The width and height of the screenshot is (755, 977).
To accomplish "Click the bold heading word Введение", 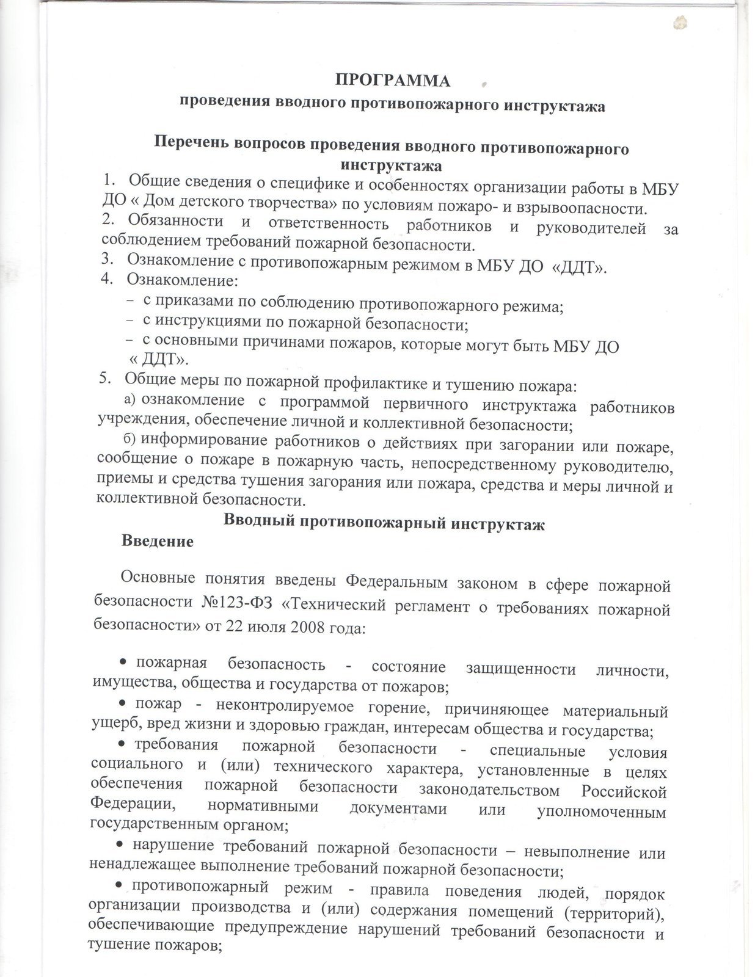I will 158,541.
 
